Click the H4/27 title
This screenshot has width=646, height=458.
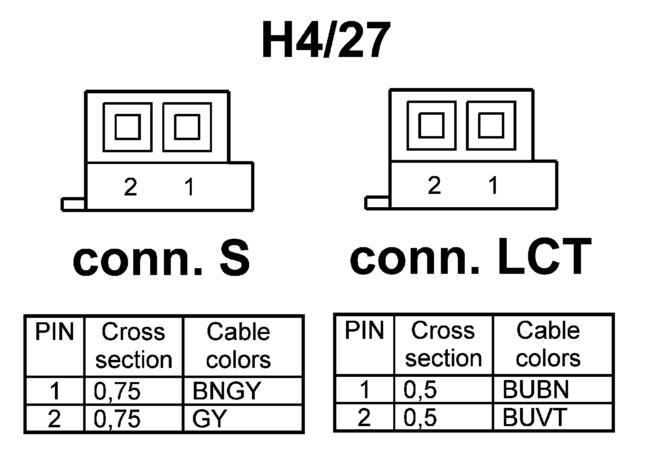coord(325,40)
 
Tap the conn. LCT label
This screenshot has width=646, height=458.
coord(470,256)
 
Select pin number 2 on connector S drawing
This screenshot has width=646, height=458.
coord(130,187)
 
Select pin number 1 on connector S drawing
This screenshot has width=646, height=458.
coord(189,187)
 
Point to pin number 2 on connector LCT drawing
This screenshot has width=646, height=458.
coord(434,185)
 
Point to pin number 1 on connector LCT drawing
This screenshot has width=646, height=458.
coord(493,185)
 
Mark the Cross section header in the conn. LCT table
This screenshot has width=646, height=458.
coord(443,345)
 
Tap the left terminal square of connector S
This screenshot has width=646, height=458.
coord(128,127)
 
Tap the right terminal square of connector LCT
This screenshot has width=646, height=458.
coord(491,126)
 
